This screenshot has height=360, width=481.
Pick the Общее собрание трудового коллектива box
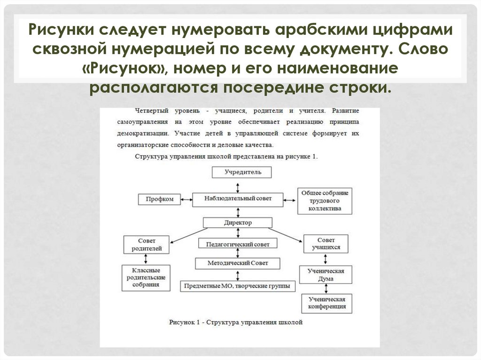point(325,201)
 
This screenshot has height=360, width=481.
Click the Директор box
point(238,222)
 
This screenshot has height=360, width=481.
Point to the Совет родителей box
point(147,244)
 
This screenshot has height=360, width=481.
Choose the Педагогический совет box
point(238,244)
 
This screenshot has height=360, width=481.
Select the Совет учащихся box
point(326,244)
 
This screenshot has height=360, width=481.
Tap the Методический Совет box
point(238,263)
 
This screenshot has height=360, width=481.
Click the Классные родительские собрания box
point(146,277)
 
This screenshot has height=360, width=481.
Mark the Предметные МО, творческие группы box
point(237,285)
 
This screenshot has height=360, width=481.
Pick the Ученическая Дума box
point(326,275)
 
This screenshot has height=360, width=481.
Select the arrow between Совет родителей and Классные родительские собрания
point(147,259)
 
